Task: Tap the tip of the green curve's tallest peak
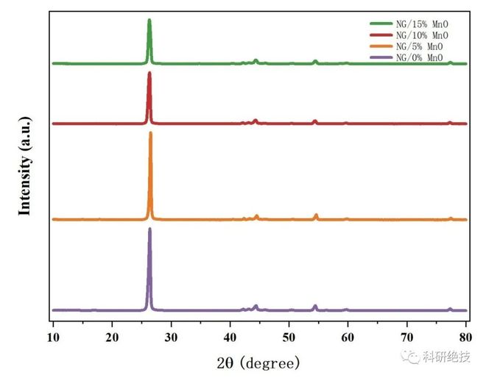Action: click(x=149, y=20)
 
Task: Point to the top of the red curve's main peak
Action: click(x=149, y=72)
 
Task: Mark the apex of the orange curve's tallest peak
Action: click(x=151, y=132)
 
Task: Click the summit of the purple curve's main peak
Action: click(x=150, y=229)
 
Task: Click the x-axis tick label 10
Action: click(x=53, y=338)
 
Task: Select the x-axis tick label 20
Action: click(x=112, y=338)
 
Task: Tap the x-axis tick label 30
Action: click(x=171, y=338)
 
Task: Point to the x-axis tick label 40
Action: click(x=230, y=338)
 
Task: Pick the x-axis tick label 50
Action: click(x=289, y=338)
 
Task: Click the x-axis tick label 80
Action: click(x=465, y=338)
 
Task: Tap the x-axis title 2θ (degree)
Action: click(x=258, y=363)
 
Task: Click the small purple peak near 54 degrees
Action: click(x=315, y=305)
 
